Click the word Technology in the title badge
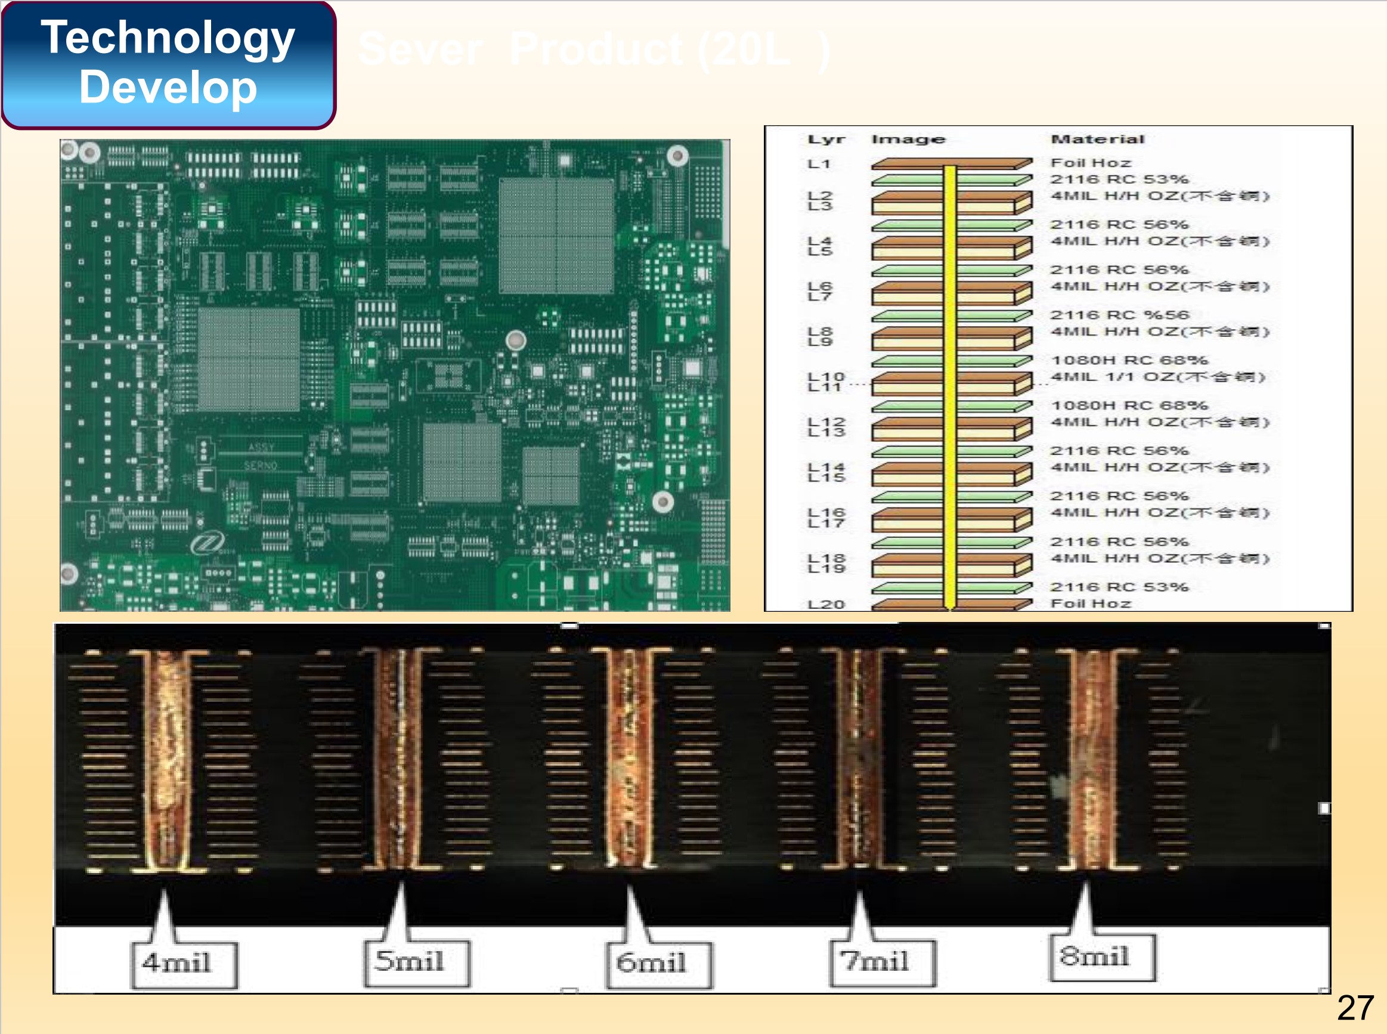[x=168, y=38]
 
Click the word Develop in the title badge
[x=168, y=88]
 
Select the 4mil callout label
[x=177, y=962]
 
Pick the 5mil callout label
[x=410, y=961]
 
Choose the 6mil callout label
[x=652, y=962]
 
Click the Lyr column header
[x=826, y=140]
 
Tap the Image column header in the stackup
[x=908, y=140]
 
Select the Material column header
[x=1098, y=140]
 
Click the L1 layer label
[x=819, y=164]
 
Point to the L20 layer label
[x=826, y=604]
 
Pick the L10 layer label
[x=826, y=376]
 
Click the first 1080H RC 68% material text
[x=1129, y=360]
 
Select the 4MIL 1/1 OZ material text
[x=1158, y=377]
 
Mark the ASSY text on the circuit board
[x=261, y=447]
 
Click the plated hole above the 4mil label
[x=166, y=760]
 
